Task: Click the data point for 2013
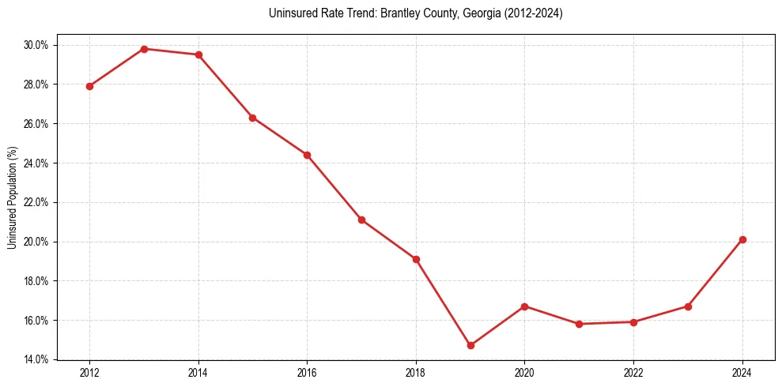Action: [144, 49]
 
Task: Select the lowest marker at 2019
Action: [470, 345]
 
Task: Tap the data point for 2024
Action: [742, 239]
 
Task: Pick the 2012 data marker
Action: [89, 86]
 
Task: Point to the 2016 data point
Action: [307, 155]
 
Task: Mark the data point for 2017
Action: [361, 220]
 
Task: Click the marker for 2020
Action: [525, 306]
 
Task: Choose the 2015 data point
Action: [252, 118]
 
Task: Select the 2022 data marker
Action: [633, 322]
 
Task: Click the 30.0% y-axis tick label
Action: [36, 45]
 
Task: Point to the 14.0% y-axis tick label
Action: [36, 359]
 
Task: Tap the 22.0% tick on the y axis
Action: [36, 202]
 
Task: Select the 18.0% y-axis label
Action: [36, 281]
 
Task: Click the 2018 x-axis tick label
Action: [416, 373]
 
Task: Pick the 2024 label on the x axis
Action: [742, 373]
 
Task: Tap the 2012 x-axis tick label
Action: [89, 373]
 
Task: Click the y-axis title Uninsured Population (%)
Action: [12, 197]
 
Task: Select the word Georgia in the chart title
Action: [476, 13]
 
